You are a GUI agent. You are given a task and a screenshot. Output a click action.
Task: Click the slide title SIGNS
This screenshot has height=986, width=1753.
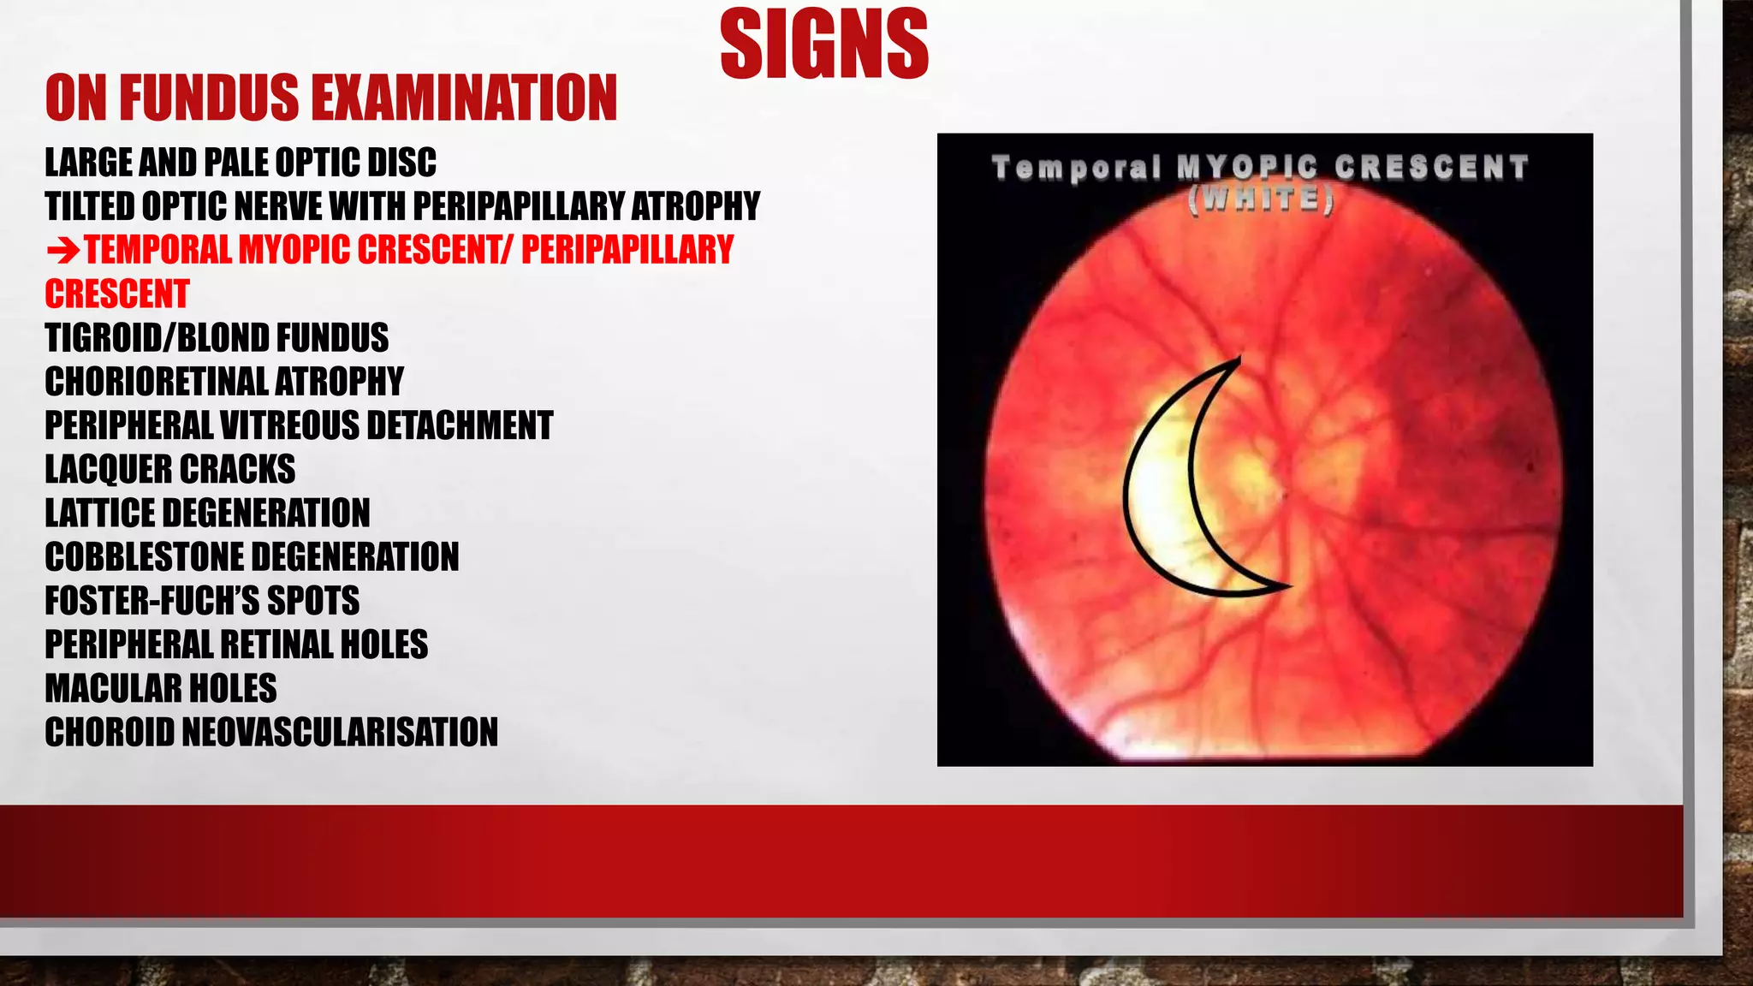(824, 45)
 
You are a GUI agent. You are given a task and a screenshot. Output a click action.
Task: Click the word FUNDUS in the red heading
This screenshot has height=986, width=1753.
(209, 98)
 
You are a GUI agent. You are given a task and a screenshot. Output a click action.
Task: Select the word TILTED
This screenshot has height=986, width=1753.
(90, 206)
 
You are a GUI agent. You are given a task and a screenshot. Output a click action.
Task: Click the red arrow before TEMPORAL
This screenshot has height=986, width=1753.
(62, 252)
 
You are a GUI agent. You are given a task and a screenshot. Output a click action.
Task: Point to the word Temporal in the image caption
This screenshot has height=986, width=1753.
(1077, 167)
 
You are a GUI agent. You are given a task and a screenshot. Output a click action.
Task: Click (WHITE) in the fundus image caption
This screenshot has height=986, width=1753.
(1261, 199)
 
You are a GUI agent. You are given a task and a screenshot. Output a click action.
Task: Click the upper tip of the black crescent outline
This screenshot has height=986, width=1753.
(1239, 360)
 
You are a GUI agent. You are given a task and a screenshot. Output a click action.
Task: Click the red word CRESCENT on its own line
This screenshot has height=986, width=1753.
(116, 294)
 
